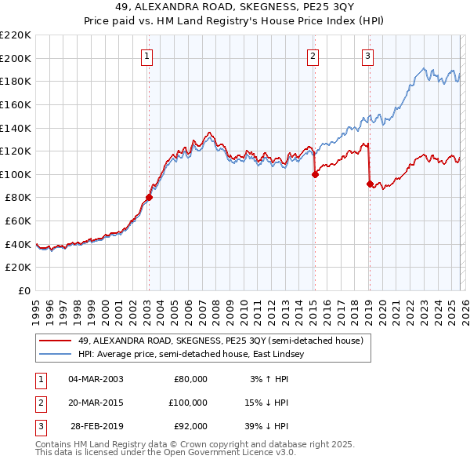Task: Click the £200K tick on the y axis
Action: pyautogui.click(x=16, y=58)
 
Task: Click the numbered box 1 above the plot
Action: pyautogui.click(x=147, y=56)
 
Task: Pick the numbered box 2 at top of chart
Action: pyautogui.click(x=313, y=56)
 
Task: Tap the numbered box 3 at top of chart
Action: pyautogui.click(x=367, y=56)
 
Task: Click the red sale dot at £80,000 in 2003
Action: pyautogui.click(x=149, y=198)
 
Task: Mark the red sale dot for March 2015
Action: pyautogui.click(x=315, y=175)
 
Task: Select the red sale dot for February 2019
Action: pyautogui.click(x=369, y=184)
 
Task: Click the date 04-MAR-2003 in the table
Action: pyautogui.click(x=96, y=379)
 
